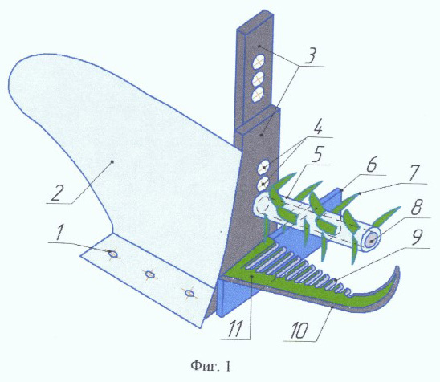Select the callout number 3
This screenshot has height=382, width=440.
pos(309,55)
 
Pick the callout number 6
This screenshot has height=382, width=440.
pos(370,165)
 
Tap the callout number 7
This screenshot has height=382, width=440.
pos(414,173)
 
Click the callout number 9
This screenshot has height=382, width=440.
pos(417,238)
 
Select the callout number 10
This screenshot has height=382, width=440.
pos(299,330)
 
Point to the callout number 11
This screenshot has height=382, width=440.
pos(234,328)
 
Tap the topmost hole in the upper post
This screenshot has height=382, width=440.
pos(259,62)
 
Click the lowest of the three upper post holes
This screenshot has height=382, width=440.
pos(258,95)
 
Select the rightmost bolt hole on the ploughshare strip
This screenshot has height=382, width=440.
pos(189,293)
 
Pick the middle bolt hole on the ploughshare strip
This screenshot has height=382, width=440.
pos(150,274)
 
